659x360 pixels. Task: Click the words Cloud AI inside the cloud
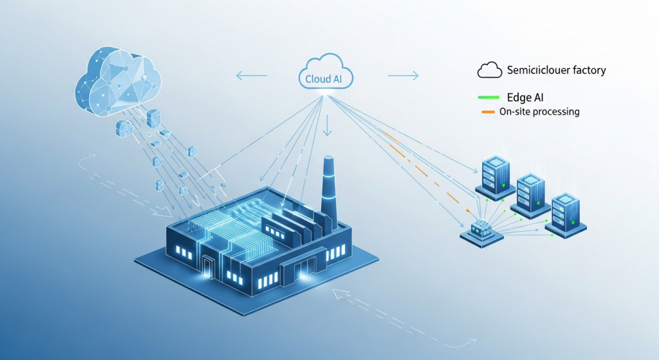point(325,79)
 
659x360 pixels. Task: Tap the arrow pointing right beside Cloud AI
point(404,76)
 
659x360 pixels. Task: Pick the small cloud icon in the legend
point(490,70)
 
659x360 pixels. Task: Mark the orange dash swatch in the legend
point(488,112)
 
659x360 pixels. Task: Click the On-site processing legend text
point(539,112)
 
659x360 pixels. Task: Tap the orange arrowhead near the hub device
point(469,209)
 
